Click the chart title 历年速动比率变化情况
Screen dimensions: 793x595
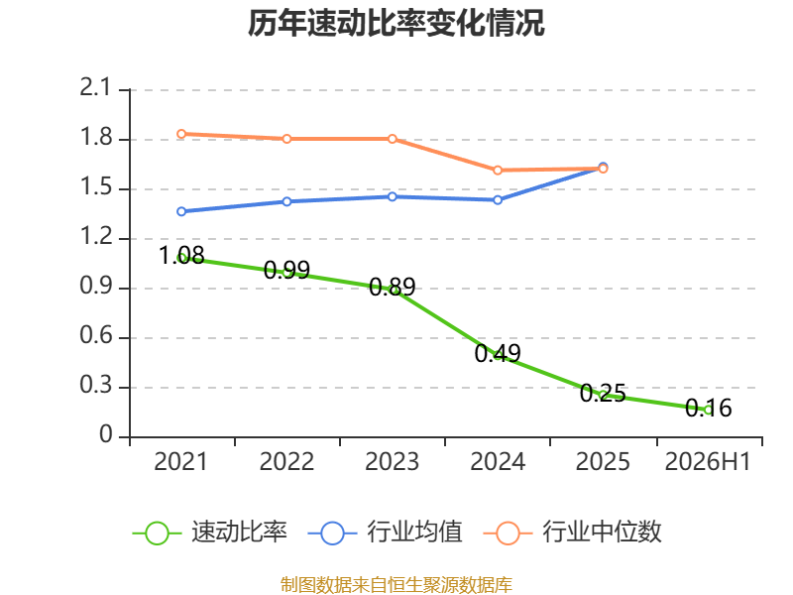pyautogui.click(x=396, y=23)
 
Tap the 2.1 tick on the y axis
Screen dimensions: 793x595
pyautogui.click(x=95, y=87)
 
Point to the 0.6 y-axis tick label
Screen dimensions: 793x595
pyautogui.click(x=95, y=335)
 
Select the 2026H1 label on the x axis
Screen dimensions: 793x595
pyautogui.click(x=708, y=461)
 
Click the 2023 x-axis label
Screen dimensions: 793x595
pyautogui.click(x=392, y=461)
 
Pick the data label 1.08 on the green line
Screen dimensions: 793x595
pyautogui.click(x=181, y=255)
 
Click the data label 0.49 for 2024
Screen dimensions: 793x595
pyautogui.click(x=498, y=353)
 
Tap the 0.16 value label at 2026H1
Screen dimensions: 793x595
pyautogui.click(x=709, y=408)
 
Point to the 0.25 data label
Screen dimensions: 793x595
pyautogui.click(x=603, y=393)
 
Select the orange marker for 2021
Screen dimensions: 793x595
pyautogui.click(x=181, y=134)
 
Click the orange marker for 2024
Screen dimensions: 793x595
pyautogui.click(x=498, y=171)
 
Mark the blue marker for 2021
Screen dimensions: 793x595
pyautogui.click(x=181, y=211)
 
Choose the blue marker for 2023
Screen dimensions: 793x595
pyautogui.click(x=393, y=196)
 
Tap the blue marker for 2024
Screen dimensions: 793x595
pyautogui.click(x=498, y=200)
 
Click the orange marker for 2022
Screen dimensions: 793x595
pyautogui.click(x=286, y=139)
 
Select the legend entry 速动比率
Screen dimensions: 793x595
pyautogui.click(x=210, y=533)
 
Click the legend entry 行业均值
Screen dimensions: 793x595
pyautogui.click(x=385, y=533)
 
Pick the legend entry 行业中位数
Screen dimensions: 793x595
pyautogui.click(x=573, y=533)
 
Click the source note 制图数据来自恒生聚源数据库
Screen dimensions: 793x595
pyautogui.click(x=396, y=585)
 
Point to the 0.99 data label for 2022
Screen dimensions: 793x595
pyautogui.click(x=286, y=270)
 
